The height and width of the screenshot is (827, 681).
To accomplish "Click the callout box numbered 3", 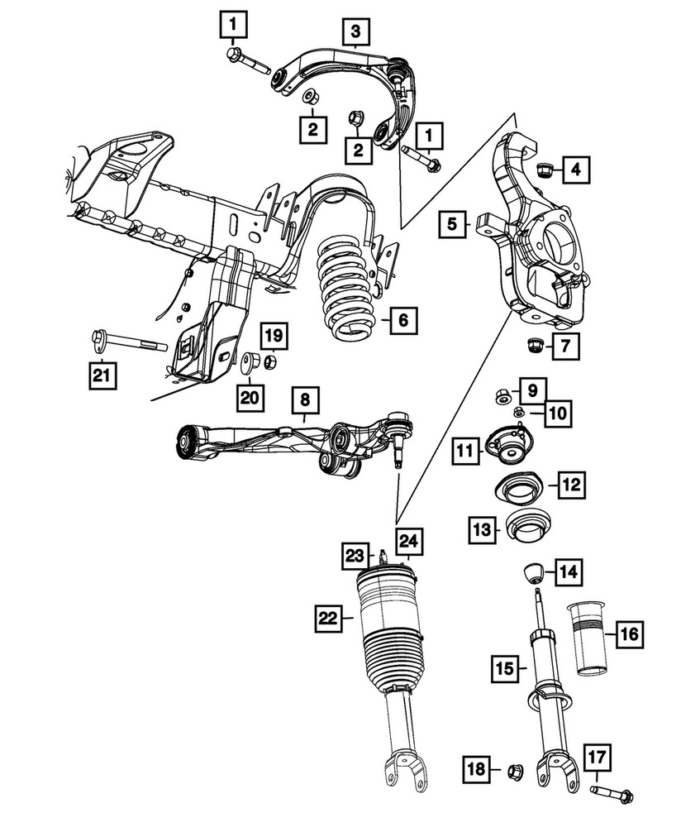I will point(355,32).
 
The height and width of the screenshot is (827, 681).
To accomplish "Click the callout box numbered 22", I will point(327,616).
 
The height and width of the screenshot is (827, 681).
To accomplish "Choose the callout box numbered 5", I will point(452,223).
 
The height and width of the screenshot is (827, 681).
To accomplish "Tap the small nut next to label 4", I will point(545,171).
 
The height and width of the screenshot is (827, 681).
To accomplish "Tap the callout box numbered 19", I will point(274,335).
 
